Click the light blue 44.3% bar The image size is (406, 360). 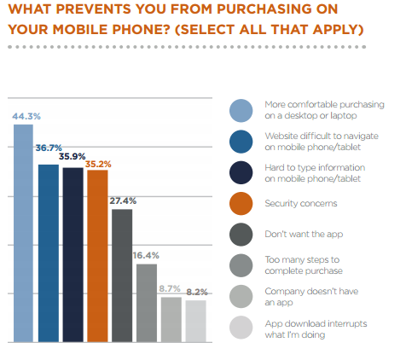23,233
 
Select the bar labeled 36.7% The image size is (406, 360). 49,253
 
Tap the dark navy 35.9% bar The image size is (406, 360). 73,255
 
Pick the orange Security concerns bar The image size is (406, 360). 97,256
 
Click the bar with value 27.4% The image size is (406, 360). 122,276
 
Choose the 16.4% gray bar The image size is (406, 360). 147,303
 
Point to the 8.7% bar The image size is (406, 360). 171,320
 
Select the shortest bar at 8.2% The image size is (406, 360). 196,321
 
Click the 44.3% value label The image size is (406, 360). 26,116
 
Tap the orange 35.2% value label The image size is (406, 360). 98,164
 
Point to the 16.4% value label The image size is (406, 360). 146,255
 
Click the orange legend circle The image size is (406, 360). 241,203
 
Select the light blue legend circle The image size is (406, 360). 241,111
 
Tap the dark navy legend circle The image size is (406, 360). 241,172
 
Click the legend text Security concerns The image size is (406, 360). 301,203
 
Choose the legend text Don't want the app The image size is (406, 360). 304,234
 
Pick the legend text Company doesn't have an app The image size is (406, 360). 311,297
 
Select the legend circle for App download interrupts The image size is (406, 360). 241,328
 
